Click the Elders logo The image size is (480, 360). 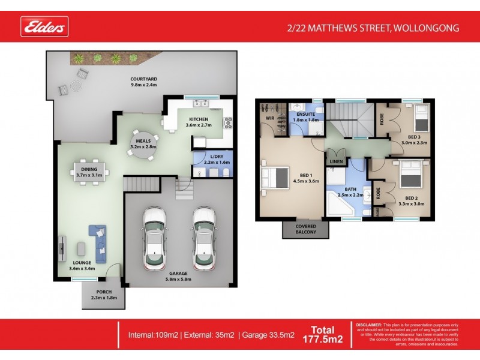(x=45, y=26)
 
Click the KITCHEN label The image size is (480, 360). (x=198, y=119)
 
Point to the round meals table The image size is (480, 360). (x=143, y=144)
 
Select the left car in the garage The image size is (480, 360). (x=155, y=238)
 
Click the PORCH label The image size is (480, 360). (x=100, y=291)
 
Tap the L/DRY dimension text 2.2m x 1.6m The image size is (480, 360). (x=209, y=162)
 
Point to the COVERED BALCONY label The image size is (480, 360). (x=305, y=229)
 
